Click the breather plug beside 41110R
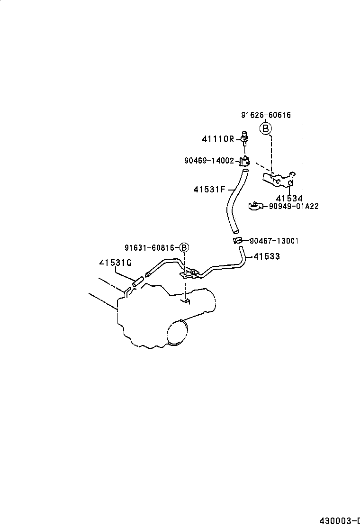(x=245, y=137)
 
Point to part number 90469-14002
(x=209, y=161)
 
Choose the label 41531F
(x=209, y=190)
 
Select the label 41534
(x=289, y=198)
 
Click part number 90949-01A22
(x=293, y=206)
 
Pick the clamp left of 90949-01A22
(x=256, y=206)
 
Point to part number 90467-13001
(x=273, y=241)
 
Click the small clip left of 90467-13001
(x=238, y=241)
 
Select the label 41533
(x=267, y=256)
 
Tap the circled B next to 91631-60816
(x=184, y=247)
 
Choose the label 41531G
(x=116, y=263)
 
